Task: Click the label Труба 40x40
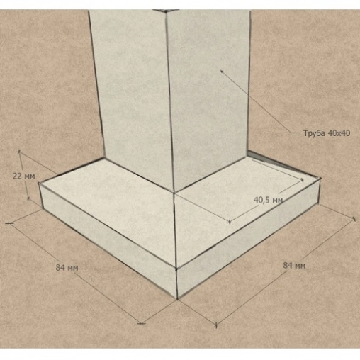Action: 327,133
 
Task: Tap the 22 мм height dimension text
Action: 23,176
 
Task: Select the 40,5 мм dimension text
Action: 268,200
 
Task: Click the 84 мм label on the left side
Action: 67,268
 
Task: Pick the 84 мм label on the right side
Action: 294,266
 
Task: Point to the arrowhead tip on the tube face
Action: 221,70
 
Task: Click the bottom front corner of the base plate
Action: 177,300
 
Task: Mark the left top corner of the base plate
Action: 39,183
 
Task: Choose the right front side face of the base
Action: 248,239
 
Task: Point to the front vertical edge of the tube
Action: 170,101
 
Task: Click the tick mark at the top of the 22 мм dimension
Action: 19,151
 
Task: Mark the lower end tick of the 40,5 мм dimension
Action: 230,222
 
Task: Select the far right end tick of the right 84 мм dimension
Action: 354,219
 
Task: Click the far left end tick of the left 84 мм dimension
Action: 9,223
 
